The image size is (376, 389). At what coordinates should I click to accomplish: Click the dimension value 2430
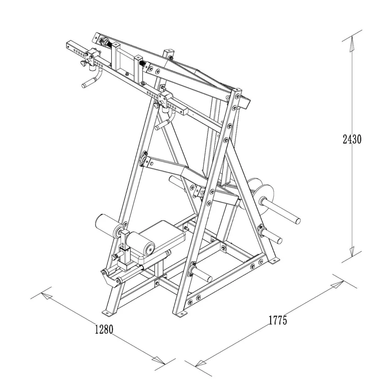pyautogui.click(x=352, y=139)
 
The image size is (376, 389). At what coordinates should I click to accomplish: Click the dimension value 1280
pyautogui.click(x=104, y=329)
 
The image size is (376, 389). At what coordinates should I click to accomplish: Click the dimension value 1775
pyautogui.click(x=278, y=320)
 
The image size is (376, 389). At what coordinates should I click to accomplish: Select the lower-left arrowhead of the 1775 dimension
pyautogui.click(x=201, y=363)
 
